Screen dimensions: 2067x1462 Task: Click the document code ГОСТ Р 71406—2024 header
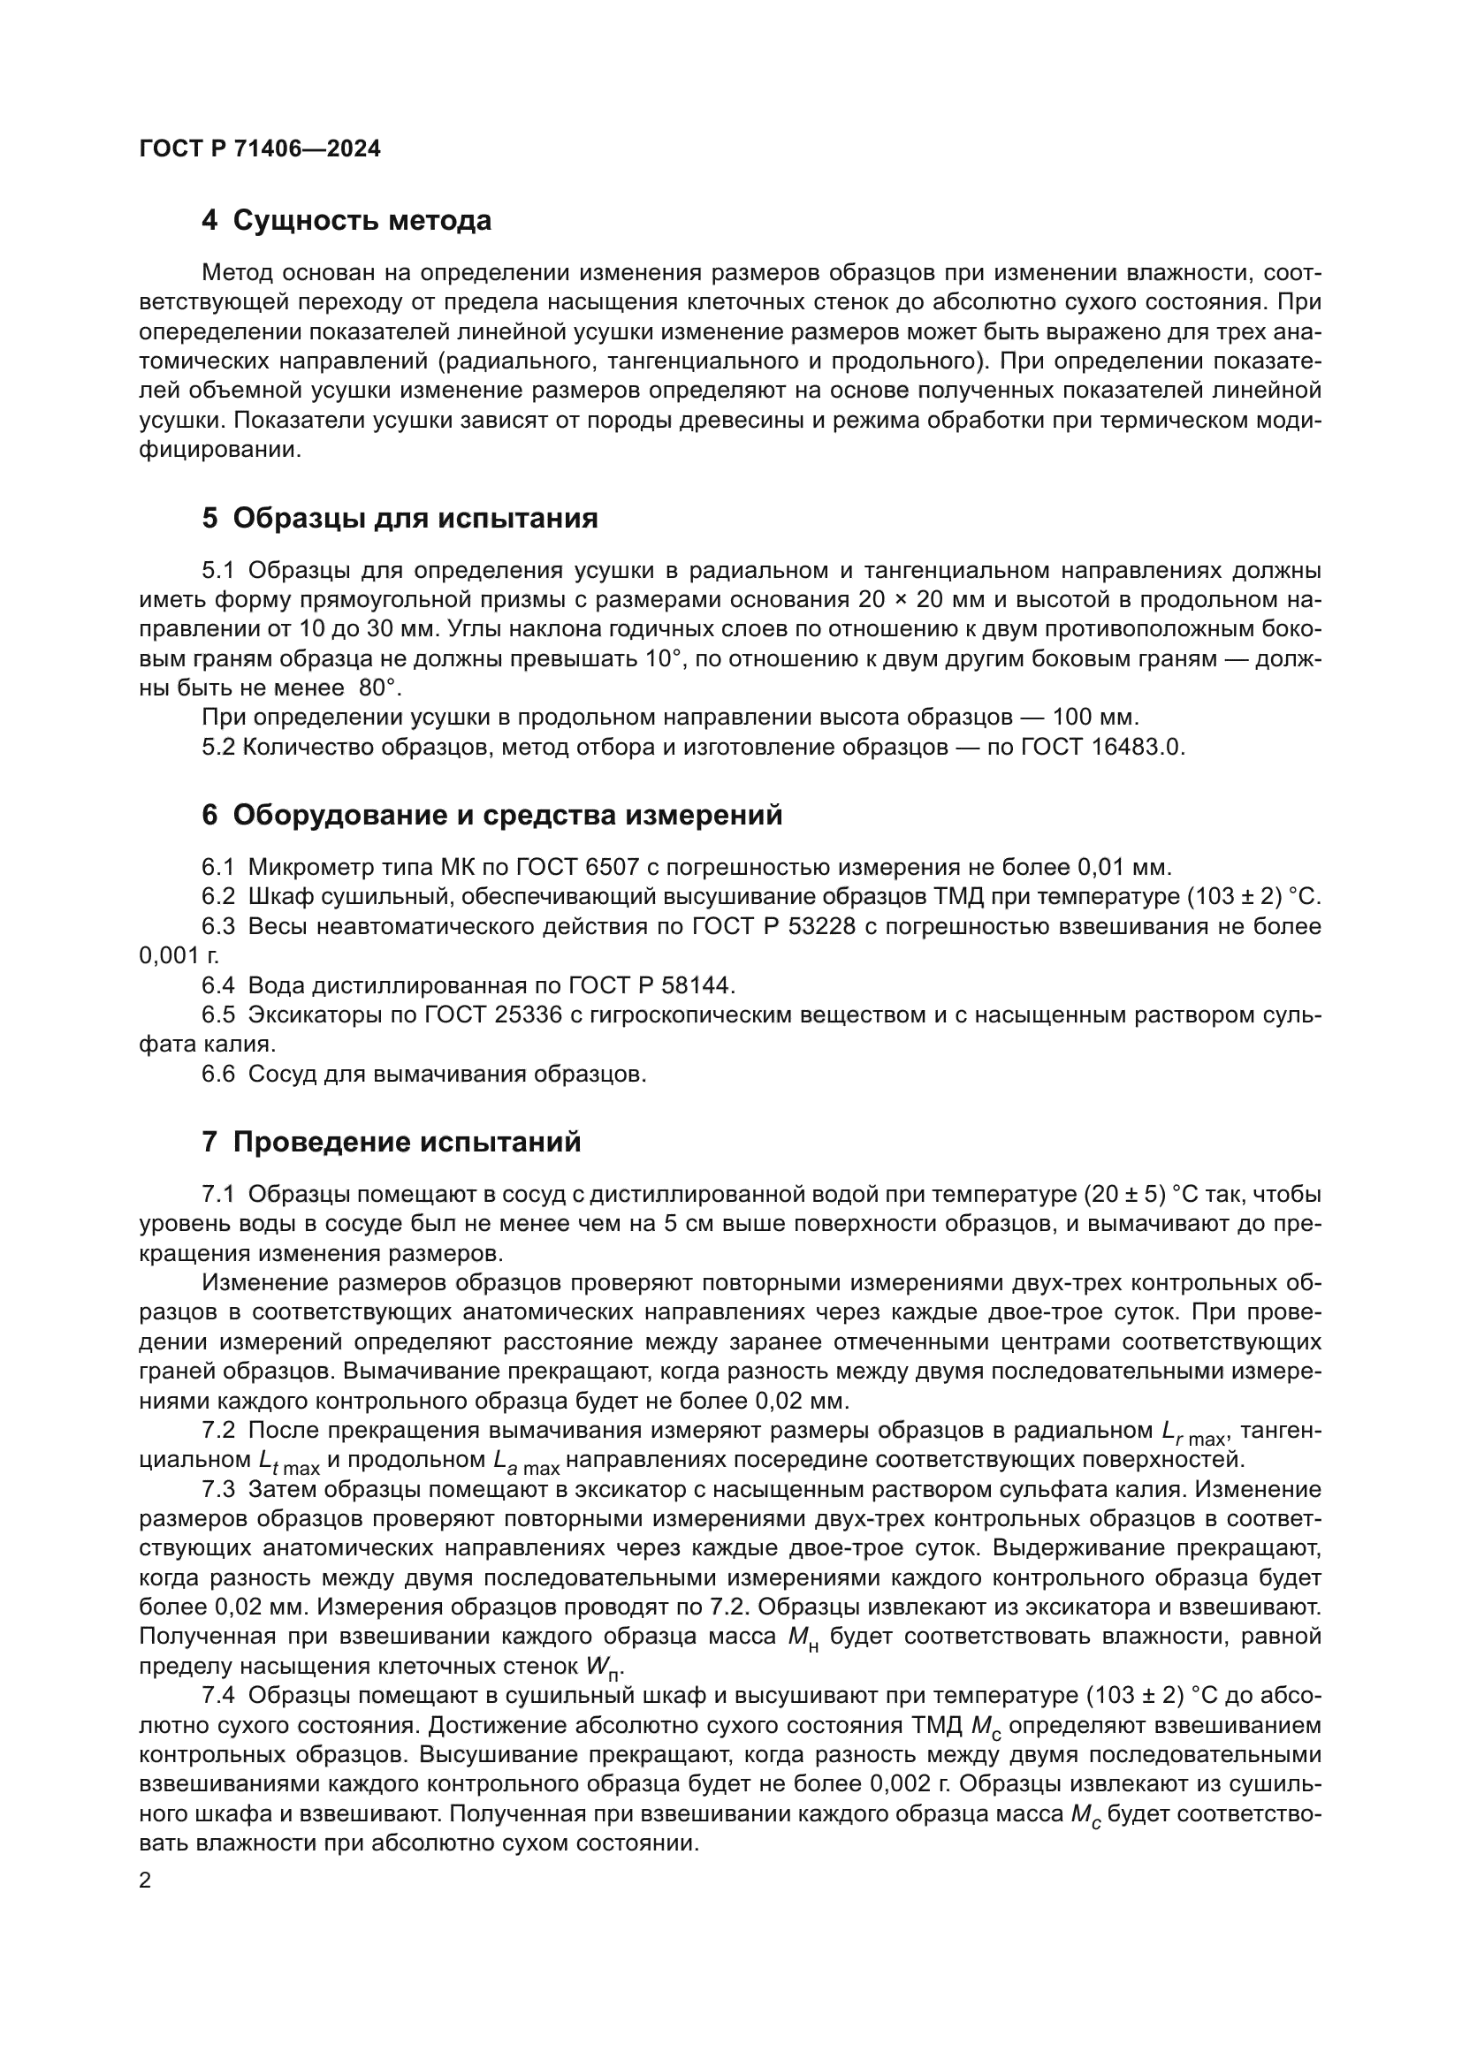point(260,149)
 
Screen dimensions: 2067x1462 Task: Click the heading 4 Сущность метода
point(346,221)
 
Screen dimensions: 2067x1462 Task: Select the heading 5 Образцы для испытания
point(400,518)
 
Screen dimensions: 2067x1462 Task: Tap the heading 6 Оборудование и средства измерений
point(491,815)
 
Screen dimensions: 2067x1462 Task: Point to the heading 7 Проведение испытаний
point(391,1143)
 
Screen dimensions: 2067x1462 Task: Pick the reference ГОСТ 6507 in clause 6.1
point(577,868)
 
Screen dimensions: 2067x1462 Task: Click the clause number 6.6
point(217,1074)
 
